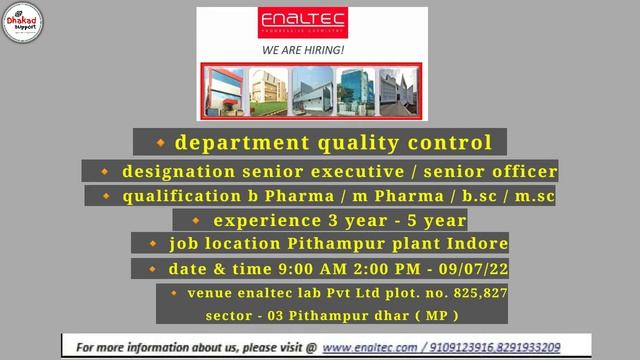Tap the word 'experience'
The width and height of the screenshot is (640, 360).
point(263,220)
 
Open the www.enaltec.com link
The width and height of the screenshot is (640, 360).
point(369,346)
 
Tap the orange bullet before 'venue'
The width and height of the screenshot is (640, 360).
point(175,292)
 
